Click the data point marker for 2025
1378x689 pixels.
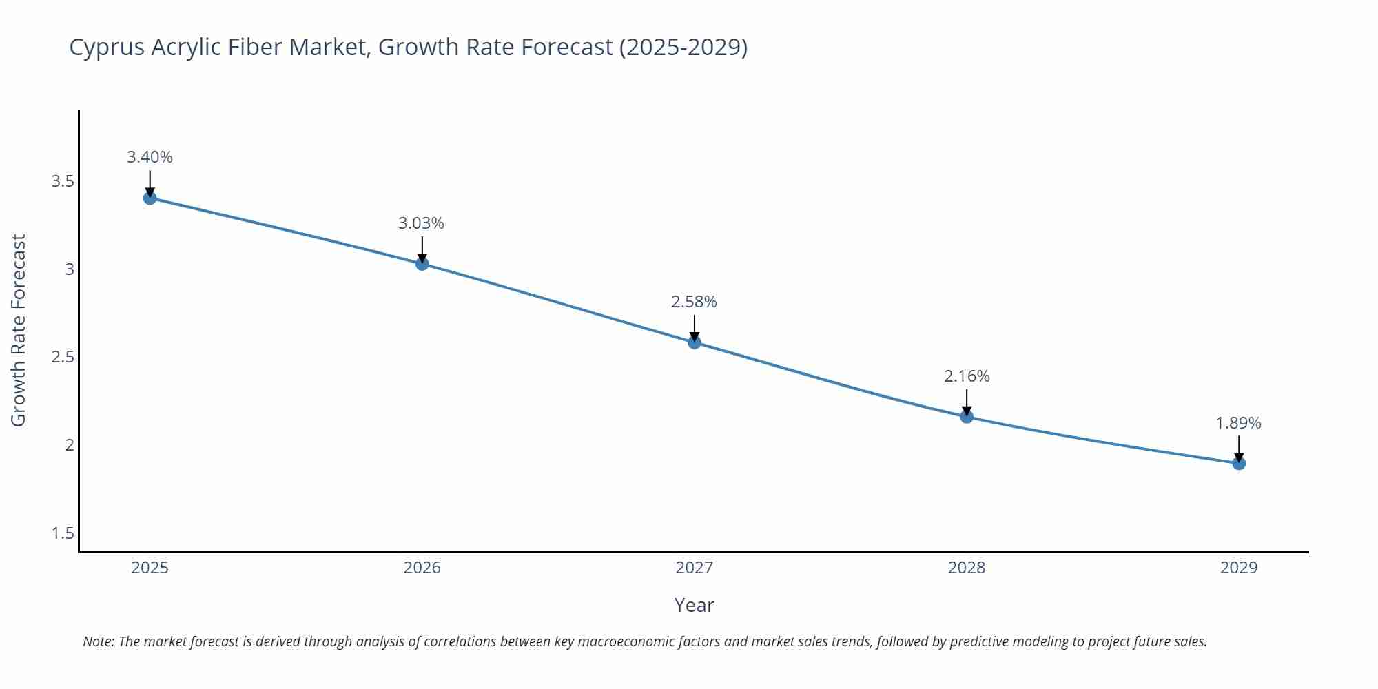[x=150, y=198]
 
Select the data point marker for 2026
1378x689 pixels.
[x=422, y=263]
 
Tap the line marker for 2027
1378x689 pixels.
[x=695, y=342]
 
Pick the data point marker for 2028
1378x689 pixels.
[x=967, y=416]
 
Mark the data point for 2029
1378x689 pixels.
[x=1239, y=464]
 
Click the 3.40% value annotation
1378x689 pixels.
[x=150, y=157]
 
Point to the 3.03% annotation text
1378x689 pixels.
[x=421, y=223]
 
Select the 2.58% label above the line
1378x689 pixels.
[x=694, y=302]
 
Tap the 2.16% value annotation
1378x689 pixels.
[x=967, y=376]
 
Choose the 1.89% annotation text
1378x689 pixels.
[x=1238, y=423]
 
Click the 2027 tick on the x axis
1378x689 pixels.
[x=695, y=568]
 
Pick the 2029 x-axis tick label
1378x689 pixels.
[x=1239, y=568]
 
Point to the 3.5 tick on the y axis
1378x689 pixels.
[x=63, y=181]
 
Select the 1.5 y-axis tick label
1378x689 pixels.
[x=63, y=533]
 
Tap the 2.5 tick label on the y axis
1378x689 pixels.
[x=63, y=357]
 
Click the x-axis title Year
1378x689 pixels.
[x=694, y=605]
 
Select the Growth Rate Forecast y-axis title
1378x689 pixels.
[x=19, y=331]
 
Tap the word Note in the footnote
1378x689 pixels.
[x=98, y=641]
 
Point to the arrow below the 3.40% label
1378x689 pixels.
[x=150, y=183]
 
